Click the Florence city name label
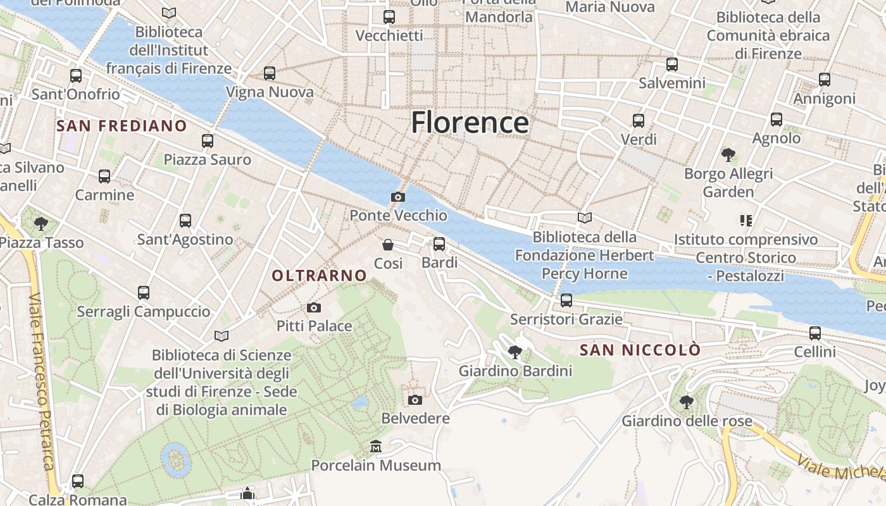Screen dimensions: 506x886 [x=470, y=122]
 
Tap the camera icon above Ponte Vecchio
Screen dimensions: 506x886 [x=398, y=197]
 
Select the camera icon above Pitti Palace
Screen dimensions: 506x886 [x=313, y=308]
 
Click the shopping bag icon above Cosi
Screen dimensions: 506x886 [x=388, y=245]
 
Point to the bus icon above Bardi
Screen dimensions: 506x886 [x=439, y=244]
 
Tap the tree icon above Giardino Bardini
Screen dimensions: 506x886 [x=515, y=352]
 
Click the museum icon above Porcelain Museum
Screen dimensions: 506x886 [x=377, y=447]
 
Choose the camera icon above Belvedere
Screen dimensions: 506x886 [x=415, y=400]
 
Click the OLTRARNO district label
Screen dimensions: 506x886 [x=319, y=276]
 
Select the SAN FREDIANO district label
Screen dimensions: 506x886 [x=122, y=126]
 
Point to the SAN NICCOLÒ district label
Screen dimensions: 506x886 [x=640, y=350]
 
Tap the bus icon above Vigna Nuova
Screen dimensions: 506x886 [x=270, y=73]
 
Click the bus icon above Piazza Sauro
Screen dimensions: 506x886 [x=208, y=141]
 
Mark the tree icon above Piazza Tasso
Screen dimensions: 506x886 [x=41, y=223]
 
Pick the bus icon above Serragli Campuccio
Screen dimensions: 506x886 [x=144, y=293]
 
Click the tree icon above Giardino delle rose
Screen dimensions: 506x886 [x=686, y=402]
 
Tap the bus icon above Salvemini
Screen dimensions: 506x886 [x=672, y=65]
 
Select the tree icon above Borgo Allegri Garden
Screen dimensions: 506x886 [x=728, y=154]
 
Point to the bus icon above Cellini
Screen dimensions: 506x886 [x=815, y=333]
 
